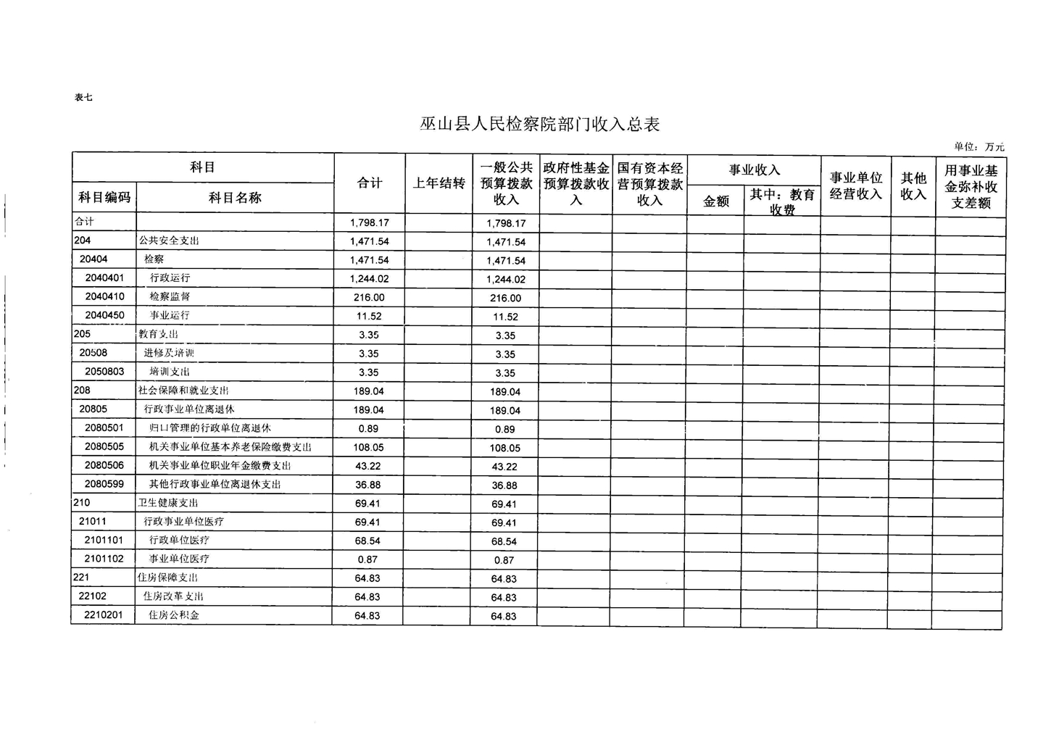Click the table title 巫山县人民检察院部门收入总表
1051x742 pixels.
[x=540, y=125]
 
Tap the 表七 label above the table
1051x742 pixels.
[x=83, y=98]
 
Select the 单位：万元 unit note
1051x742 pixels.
[x=979, y=147]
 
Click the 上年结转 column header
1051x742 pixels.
[x=439, y=183]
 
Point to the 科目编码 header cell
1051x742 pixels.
[x=104, y=198]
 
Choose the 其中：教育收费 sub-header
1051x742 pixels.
[x=782, y=201]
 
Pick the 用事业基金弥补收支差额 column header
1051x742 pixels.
[x=971, y=187]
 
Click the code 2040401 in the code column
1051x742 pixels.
[x=104, y=278]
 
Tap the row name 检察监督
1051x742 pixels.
[x=170, y=296]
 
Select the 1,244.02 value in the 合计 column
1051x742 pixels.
[x=369, y=279]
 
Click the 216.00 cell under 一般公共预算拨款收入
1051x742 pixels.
[x=505, y=298]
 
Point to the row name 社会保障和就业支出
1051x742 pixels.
[x=183, y=391]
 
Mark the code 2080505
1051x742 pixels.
[x=104, y=446]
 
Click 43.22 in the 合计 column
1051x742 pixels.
[x=368, y=466]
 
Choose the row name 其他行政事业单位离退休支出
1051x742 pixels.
[x=215, y=484]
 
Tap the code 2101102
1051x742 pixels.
[x=104, y=559]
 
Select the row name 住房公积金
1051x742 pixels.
[x=174, y=615]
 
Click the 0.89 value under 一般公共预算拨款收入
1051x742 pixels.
[x=504, y=429]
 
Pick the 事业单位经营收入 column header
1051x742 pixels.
[x=855, y=186]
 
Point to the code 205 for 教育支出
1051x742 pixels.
[x=83, y=334]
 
